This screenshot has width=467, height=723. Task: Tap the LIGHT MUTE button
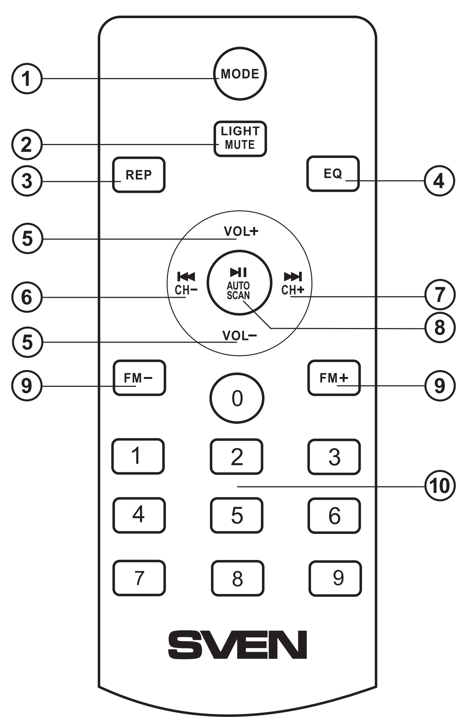click(x=240, y=139)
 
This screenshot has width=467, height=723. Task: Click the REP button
click(x=138, y=175)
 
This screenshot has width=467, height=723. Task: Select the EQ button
click(x=333, y=174)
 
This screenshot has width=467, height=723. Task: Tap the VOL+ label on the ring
click(x=241, y=231)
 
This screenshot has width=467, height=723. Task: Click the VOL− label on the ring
click(x=239, y=336)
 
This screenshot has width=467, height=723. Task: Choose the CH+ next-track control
click(x=293, y=284)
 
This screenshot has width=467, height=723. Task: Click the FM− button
click(x=139, y=378)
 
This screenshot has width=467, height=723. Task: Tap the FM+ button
click(x=334, y=378)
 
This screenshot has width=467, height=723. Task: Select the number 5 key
click(x=237, y=515)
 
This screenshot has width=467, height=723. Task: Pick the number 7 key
click(x=139, y=578)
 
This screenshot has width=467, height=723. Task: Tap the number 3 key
click(x=334, y=457)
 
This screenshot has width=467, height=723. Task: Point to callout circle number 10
click(x=440, y=486)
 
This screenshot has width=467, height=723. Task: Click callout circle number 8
click(x=440, y=328)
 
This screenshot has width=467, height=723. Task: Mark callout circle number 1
click(x=26, y=79)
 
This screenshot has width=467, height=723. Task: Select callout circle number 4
click(x=439, y=181)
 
